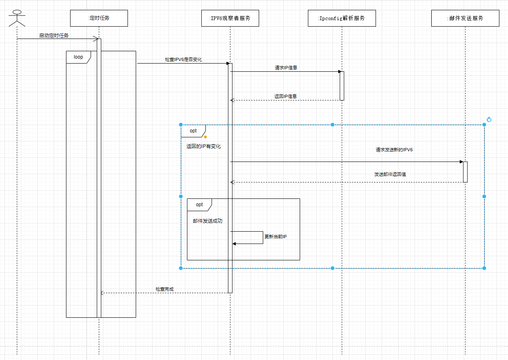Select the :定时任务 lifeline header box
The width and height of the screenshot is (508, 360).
point(99,18)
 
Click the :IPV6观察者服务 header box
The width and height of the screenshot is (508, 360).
point(230,18)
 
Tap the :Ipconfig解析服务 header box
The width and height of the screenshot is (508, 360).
point(342,18)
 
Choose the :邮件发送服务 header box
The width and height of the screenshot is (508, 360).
point(465,18)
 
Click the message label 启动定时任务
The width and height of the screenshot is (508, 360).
point(54,36)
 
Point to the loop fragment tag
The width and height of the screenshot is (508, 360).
point(78,57)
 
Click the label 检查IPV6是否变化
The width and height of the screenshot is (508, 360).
point(183,59)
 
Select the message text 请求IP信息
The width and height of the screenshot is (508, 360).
point(286,68)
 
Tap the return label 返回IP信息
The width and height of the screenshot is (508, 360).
point(285,96)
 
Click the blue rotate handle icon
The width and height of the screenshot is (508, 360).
point(489,120)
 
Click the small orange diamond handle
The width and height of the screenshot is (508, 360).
point(205,137)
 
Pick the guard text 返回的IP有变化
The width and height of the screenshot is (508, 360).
point(203,146)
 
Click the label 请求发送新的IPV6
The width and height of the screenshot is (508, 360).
point(394,150)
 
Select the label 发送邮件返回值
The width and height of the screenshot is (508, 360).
point(390,174)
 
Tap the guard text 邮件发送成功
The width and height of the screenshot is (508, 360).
point(207,221)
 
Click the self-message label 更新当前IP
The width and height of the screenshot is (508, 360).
point(276,237)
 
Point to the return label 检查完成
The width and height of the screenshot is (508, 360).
point(164,289)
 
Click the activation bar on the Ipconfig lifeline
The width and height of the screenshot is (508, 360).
point(342,86)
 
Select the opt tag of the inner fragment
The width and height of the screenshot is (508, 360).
point(199,205)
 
